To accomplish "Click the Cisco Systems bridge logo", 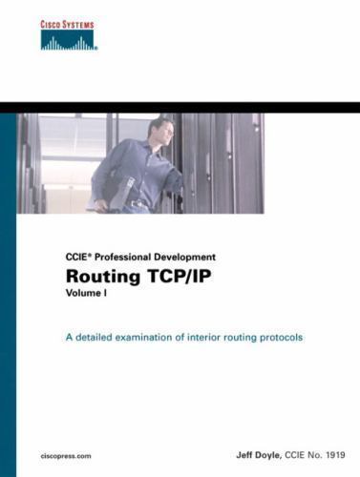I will [x=71, y=39].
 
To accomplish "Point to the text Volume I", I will [x=88, y=296].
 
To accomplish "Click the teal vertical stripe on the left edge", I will [x=8, y=286].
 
